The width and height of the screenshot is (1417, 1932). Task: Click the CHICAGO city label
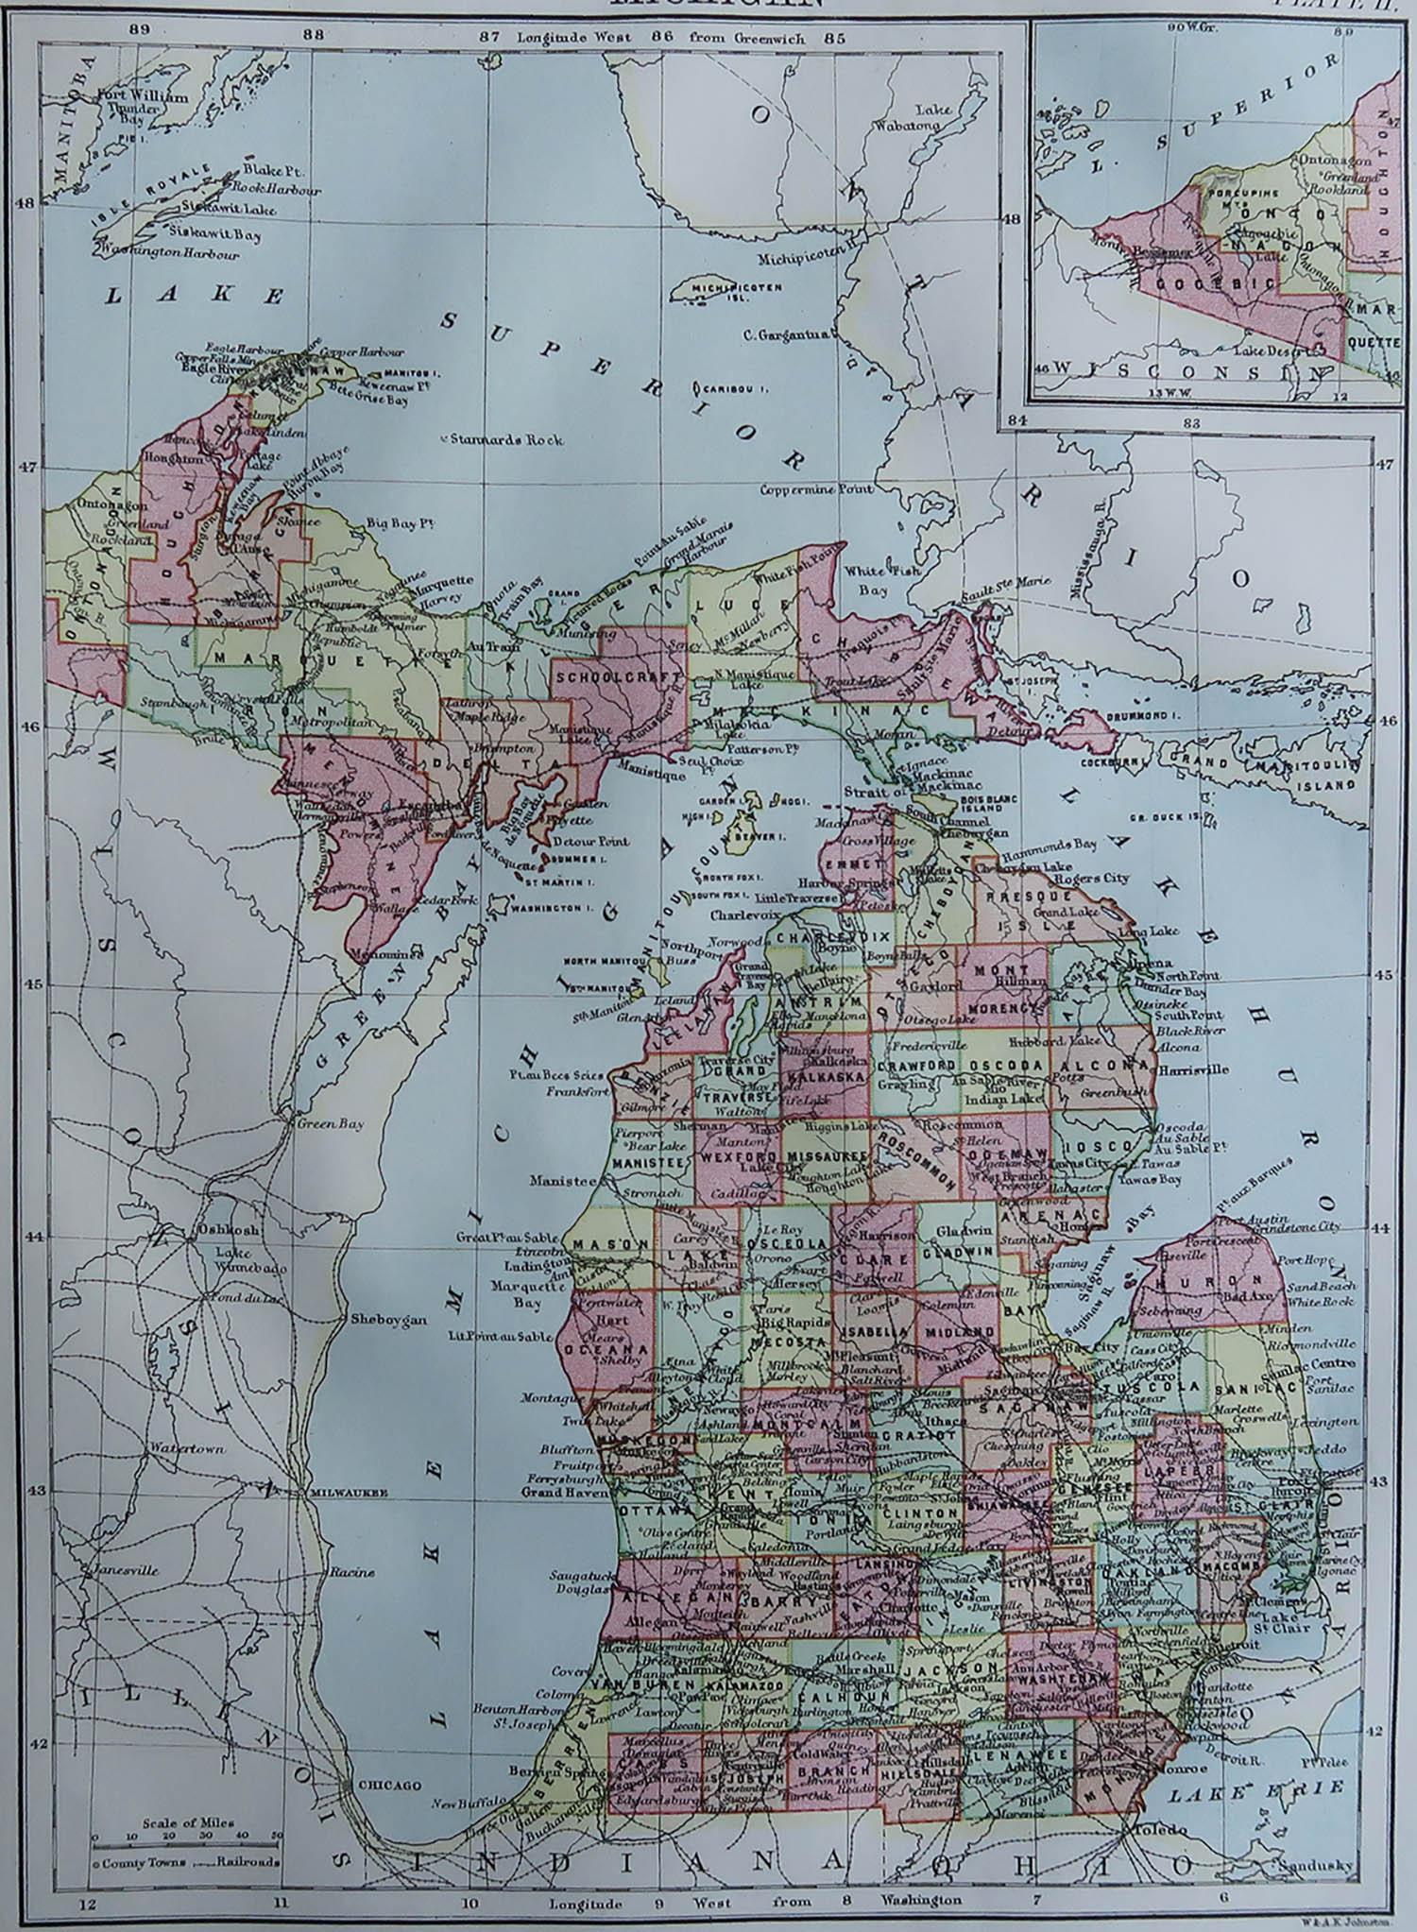point(388,1785)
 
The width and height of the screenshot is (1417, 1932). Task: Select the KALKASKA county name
point(828,1077)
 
